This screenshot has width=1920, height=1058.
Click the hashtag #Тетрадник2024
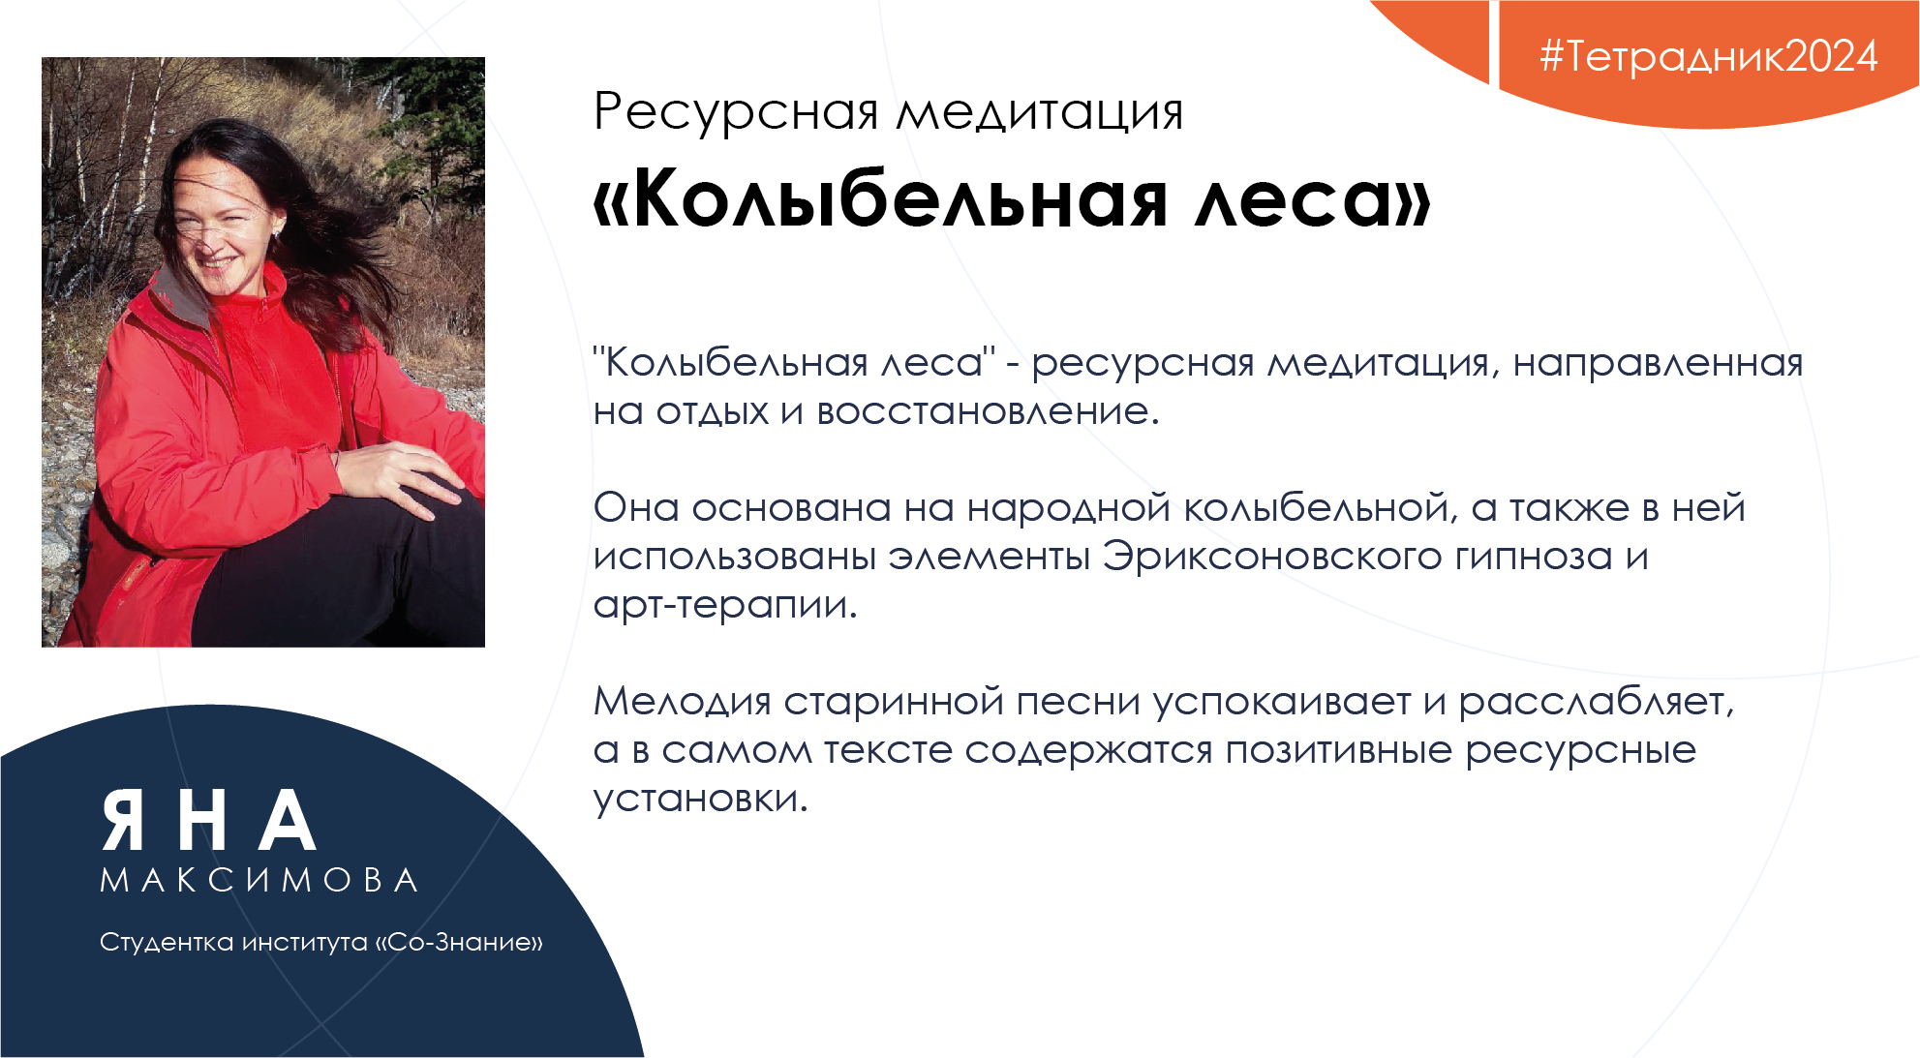1708,56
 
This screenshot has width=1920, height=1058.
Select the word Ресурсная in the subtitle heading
736,113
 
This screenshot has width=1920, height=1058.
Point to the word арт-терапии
725,606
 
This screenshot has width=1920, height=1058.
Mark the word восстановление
988,412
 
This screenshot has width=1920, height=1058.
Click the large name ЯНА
208,821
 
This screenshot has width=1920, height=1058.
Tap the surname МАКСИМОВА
259,880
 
